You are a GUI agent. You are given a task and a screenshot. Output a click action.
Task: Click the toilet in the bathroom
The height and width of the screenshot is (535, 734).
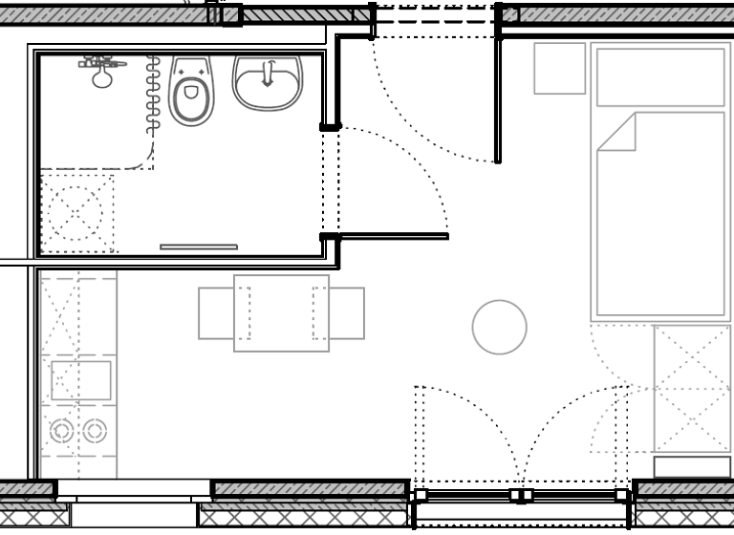click(191, 92)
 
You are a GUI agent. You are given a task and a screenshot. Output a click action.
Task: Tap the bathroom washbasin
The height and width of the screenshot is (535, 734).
click(268, 81)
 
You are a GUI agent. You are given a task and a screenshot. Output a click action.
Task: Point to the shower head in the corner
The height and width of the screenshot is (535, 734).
click(101, 72)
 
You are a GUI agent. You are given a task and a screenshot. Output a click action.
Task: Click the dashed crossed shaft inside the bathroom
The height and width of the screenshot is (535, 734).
click(76, 212)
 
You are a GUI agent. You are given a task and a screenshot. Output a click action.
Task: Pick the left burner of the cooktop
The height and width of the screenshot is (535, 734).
click(62, 431)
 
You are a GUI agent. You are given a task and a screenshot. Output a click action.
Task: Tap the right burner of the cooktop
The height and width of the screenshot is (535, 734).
click(93, 431)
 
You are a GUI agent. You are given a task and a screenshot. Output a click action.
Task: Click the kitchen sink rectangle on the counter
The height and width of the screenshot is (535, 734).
click(80, 380)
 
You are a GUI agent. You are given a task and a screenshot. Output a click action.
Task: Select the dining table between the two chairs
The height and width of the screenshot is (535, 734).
click(281, 313)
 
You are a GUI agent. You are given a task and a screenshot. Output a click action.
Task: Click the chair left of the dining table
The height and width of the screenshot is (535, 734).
click(216, 313)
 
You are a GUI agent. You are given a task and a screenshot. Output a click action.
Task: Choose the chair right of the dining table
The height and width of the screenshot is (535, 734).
click(347, 313)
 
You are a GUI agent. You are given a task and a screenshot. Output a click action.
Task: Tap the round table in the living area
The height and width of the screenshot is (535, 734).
click(499, 327)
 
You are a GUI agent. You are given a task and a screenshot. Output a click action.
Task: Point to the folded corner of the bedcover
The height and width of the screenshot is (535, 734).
click(618, 132)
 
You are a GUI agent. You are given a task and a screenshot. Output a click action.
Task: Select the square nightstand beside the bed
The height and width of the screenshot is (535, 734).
click(559, 69)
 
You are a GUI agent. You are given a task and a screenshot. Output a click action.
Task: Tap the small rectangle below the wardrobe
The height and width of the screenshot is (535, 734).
click(691, 466)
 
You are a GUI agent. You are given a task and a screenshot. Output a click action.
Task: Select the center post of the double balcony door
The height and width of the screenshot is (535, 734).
click(520, 495)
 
